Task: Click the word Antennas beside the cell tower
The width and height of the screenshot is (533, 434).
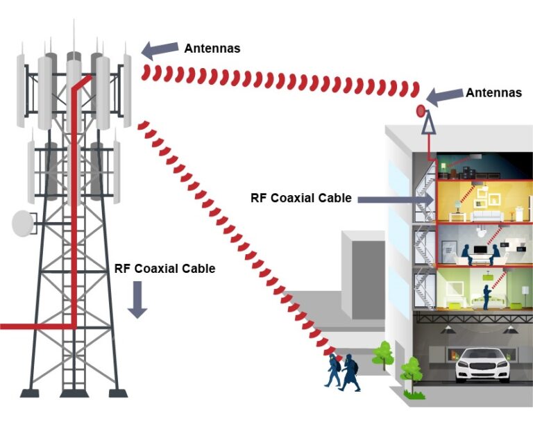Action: pyautogui.click(x=212, y=48)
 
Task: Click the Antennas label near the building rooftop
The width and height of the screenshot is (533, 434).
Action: pyautogui.click(x=493, y=92)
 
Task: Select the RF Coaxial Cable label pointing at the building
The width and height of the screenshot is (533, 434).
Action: pyautogui.click(x=301, y=198)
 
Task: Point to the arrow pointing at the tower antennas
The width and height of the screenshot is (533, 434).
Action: pyautogui.click(x=159, y=49)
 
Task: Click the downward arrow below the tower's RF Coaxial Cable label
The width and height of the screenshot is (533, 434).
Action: pyautogui.click(x=137, y=300)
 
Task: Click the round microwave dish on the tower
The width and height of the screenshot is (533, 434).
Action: pyautogui.click(x=22, y=223)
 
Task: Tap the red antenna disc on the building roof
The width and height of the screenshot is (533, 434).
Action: pyautogui.click(x=420, y=110)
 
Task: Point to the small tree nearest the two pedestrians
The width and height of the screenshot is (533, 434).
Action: pyautogui.click(x=382, y=354)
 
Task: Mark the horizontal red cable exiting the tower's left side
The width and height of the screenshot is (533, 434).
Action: pyautogui.click(x=35, y=325)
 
